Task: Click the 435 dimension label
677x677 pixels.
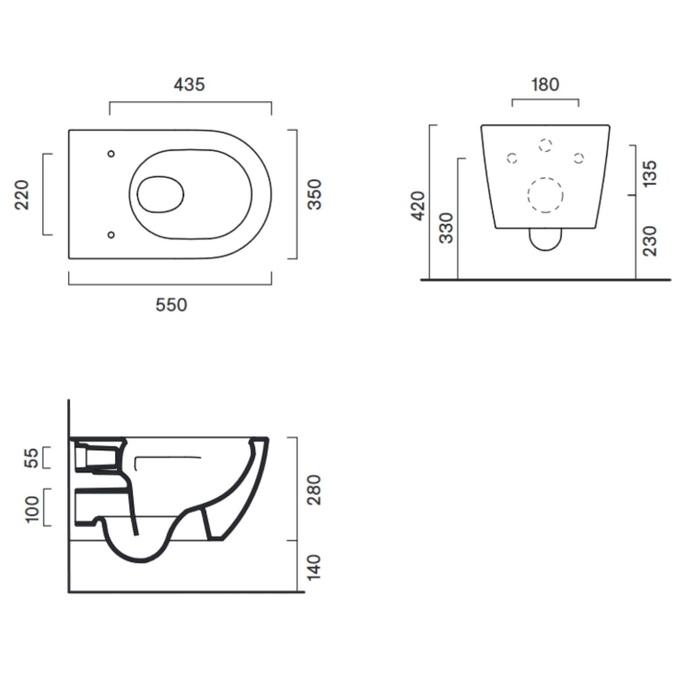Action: tap(189, 85)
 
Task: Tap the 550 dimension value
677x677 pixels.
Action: tap(171, 305)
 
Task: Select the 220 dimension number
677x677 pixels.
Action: tap(21, 194)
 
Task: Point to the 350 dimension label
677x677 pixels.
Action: tap(314, 194)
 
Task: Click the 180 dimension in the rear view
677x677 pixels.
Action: tap(545, 85)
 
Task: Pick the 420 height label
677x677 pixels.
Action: tap(418, 206)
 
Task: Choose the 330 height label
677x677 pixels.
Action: tap(446, 228)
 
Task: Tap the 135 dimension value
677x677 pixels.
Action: tap(649, 173)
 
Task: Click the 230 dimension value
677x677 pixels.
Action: tap(649, 241)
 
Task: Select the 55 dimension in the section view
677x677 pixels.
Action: tap(31, 458)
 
